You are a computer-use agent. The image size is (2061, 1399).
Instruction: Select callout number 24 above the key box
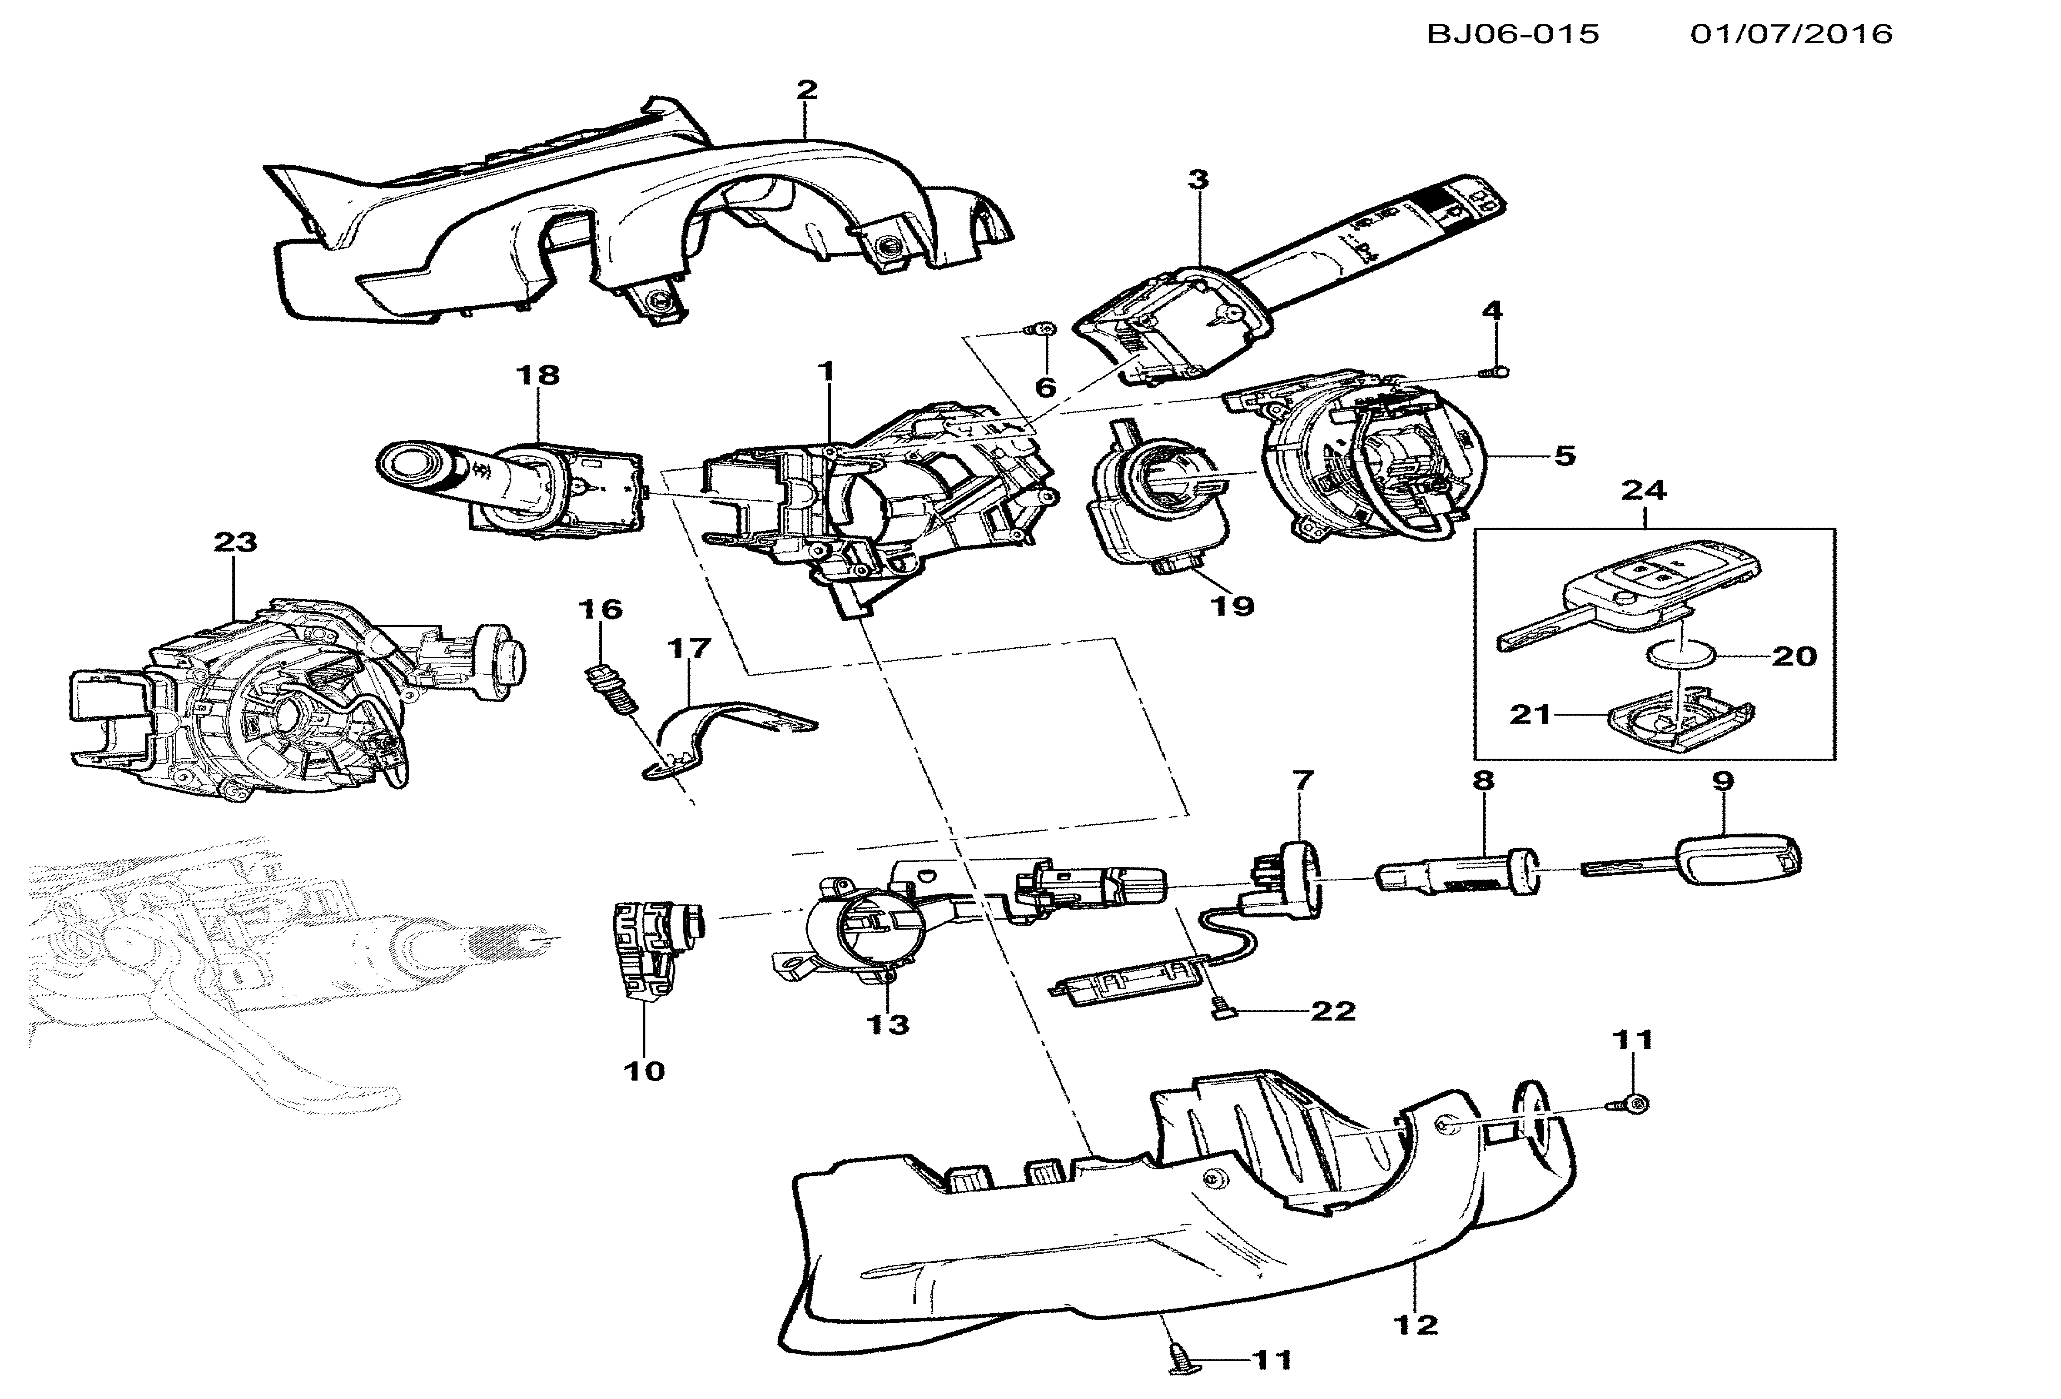click(1644, 489)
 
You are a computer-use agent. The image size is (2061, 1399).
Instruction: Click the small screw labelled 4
click(1497, 372)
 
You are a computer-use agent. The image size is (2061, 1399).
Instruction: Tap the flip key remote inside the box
click(1627, 594)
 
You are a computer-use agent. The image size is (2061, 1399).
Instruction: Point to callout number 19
click(1233, 606)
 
